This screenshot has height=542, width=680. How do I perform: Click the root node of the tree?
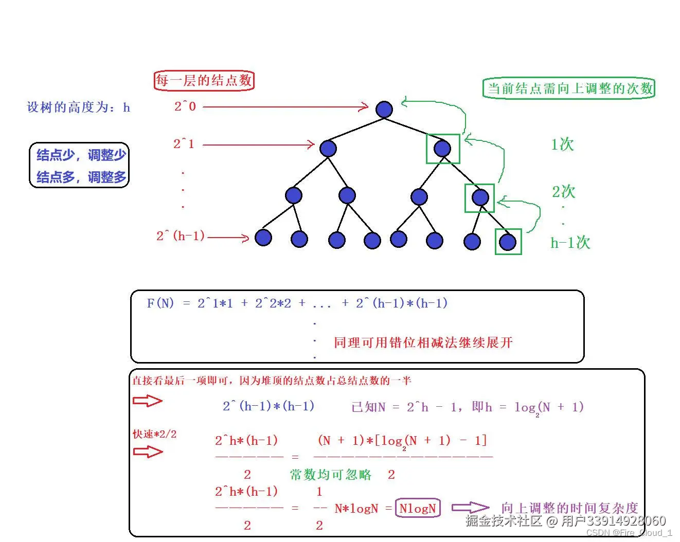(384, 109)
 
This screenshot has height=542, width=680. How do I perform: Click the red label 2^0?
(185, 106)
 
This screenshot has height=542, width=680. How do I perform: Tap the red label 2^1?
(184, 144)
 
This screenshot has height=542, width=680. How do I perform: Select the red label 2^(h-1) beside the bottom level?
(181, 236)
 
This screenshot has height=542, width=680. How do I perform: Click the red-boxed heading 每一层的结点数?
(204, 81)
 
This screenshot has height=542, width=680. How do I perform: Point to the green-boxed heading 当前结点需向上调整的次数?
(569, 88)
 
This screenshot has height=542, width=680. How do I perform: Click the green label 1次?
(562, 144)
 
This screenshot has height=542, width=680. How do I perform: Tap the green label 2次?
(563, 192)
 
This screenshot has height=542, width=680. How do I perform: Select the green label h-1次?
(570, 243)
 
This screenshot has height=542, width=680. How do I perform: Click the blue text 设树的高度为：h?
(78, 107)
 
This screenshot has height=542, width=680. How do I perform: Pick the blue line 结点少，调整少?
(81, 155)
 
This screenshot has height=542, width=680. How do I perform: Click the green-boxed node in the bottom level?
(508, 242)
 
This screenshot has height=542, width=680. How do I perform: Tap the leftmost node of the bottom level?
(263, 238)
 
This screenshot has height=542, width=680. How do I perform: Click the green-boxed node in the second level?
(442, 149)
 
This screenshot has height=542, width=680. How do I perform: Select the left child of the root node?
(328, 149)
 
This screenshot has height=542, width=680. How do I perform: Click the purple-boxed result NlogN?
(418, 508)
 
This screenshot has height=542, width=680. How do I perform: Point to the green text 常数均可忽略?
(330, 475)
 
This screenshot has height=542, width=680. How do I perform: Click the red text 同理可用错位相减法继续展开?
(423, 342)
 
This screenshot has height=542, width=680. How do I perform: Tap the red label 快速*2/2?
(154, 434)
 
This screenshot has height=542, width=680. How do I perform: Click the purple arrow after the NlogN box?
(470, 508)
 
